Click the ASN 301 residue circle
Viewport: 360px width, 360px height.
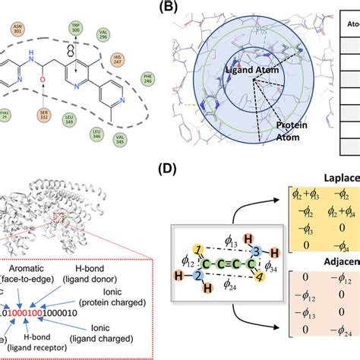[17, 30]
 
